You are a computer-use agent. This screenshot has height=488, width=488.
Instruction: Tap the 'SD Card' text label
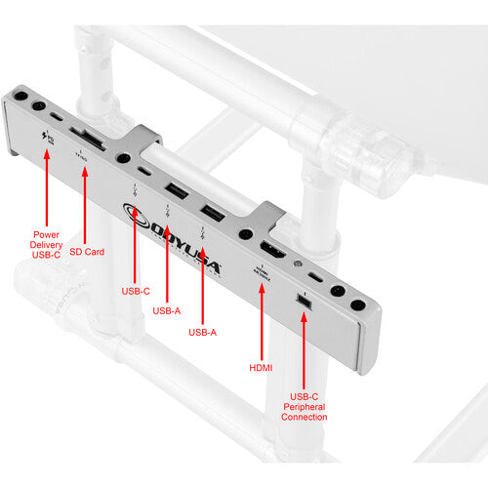coord(94,252)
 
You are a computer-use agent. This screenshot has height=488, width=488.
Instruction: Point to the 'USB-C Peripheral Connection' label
coord(303,407)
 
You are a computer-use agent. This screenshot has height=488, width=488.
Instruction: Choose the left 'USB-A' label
coord(167,311)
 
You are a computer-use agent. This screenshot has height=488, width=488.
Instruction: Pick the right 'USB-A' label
coord(202,333)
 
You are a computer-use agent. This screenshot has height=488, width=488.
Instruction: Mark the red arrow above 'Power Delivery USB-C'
coord(42,186)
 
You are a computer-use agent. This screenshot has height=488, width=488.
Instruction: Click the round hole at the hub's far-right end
coord(360,305)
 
